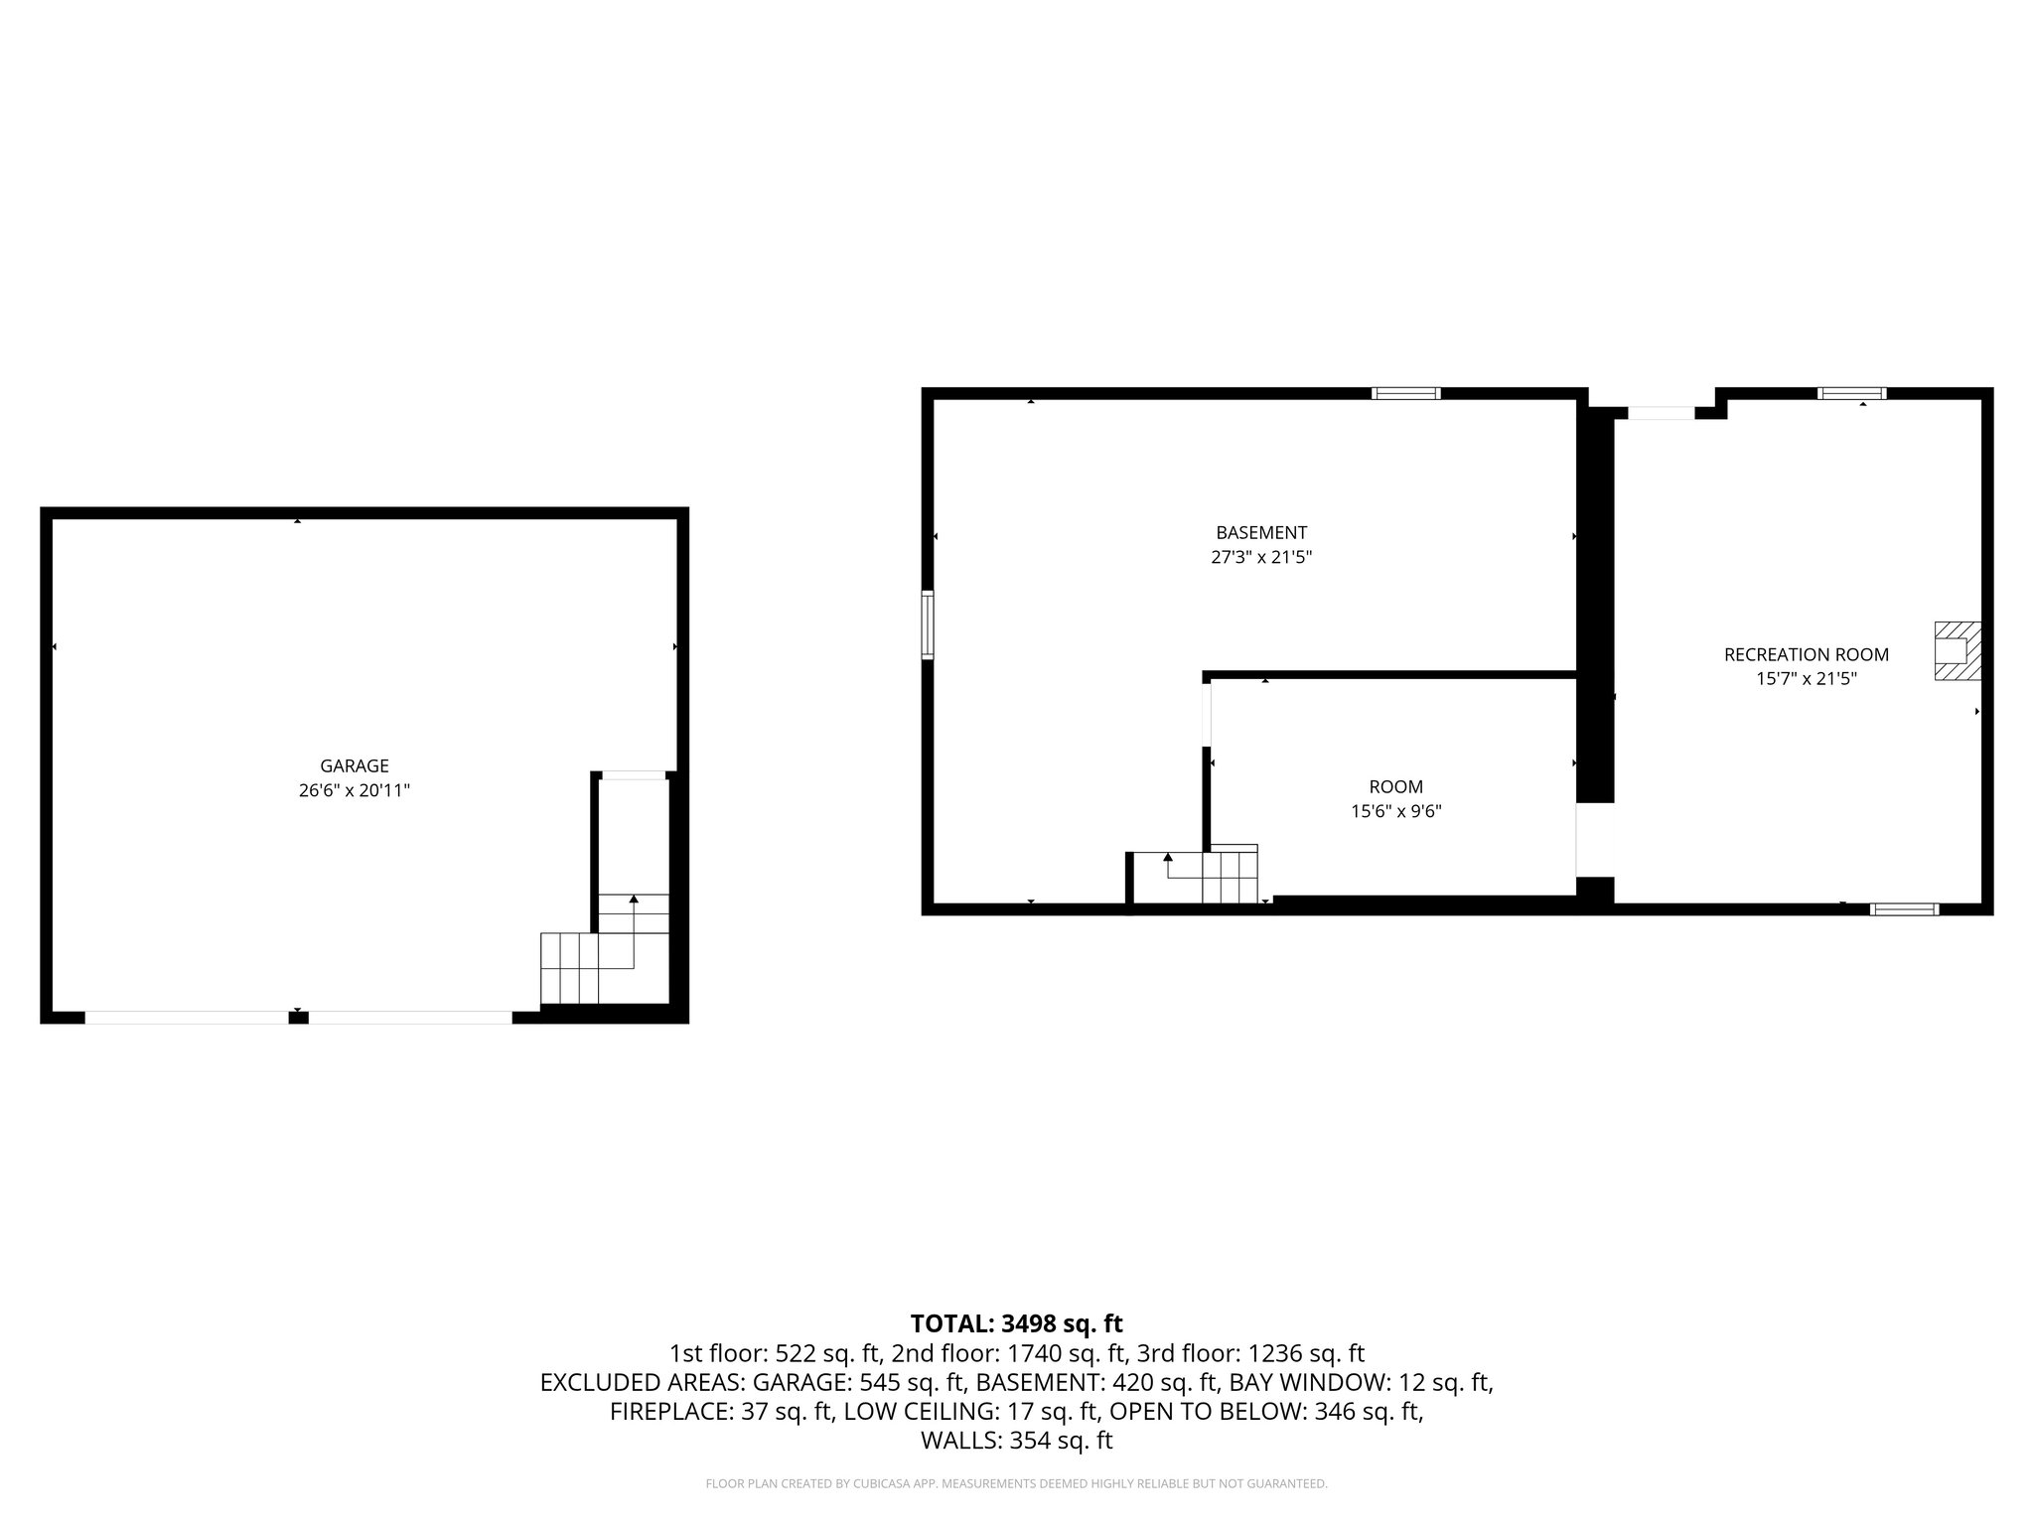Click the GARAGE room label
(x=354, y=765)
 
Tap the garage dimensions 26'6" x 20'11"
(x=354, y=791)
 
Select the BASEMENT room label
(x=1261, y=532)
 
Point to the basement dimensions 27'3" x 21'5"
(x=1261, y=558)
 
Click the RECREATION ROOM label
(x=1806, y=654)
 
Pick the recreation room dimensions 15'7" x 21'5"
(x=1806, y=679)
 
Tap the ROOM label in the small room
(x=1395, y=786)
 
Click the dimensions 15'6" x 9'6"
(x=1395, y=811)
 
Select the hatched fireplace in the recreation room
(x=1957, y=650)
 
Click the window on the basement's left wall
(x=928, y=624)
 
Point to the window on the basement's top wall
(x=1405, y=393)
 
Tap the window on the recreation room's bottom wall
(x=1903, y=908)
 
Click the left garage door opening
(x=186, y=1017)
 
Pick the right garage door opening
(x=410, y=1017)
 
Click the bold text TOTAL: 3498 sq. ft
(x=1016, y=1323)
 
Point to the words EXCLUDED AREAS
(x=641, y=1382)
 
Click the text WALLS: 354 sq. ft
(x=1016, y=1441)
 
